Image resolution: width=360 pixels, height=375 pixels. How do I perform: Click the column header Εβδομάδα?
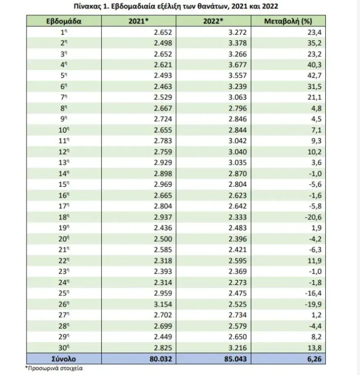pyautogui.click(x=63, y=21)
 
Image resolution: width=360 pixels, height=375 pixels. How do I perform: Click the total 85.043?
pyautogui.click(x=235, y=359)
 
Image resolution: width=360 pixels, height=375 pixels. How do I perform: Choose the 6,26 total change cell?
pyautogui.click(x=310, y=359)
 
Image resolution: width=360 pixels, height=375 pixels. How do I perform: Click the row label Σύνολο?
pyautogui.click(x=63, y=359)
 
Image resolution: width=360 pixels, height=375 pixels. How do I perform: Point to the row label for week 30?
pyautogui.click(x=63, y=348)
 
